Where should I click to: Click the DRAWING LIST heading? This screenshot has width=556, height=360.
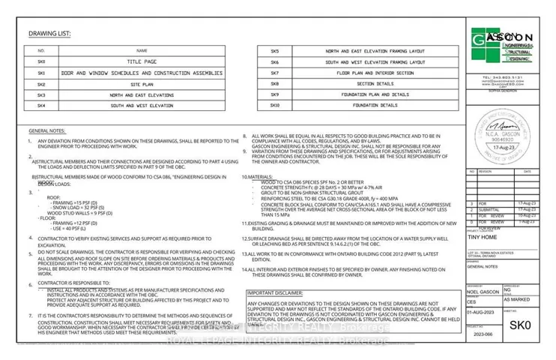(x=49, y=34)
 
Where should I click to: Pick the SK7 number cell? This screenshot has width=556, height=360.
(x=275, y=73)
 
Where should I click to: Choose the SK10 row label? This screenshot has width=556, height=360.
(x=275, y=106)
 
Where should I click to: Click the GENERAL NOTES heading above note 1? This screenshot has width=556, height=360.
(x=47, y=130)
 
